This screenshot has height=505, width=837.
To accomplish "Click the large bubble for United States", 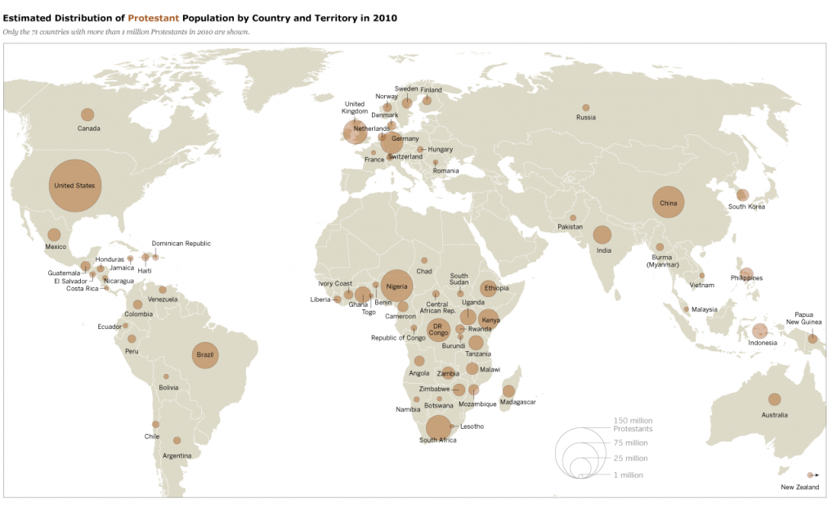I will (x=74, y=186).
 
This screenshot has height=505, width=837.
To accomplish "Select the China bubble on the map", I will (x=668, y=202).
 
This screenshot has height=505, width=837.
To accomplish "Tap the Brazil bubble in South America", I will (x=204, y=354).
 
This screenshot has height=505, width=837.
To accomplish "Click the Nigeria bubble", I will (x=396, y=286).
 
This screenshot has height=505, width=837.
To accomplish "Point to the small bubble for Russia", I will (x=585, y=107).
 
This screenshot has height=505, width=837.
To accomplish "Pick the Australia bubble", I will (x=774, y=399).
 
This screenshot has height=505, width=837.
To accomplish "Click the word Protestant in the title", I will (x=154, y=17).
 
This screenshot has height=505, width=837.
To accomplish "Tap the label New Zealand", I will (x=799, y=488).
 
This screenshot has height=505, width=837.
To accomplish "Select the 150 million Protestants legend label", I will (x=633, y=425).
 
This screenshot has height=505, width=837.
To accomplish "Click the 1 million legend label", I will (x=628, y=475).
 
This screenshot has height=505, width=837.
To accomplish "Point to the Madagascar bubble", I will (x=508, y=391).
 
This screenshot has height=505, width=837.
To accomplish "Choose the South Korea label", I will (x=746, y=207).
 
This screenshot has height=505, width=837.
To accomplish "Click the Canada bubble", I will (x=87, y=115).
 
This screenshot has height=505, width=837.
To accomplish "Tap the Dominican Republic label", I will (x=181, y=243).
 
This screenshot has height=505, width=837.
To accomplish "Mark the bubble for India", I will (x=602, y=236).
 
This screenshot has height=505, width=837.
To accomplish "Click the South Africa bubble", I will (x=438, y=427).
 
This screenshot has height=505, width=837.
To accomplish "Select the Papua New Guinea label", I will (x=803, y=318).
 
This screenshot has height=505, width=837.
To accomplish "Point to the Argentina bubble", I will (x=177, y=440).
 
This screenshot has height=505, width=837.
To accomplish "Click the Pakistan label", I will (x=571, y=227).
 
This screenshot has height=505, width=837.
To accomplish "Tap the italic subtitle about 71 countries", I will (x=127, y=32).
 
